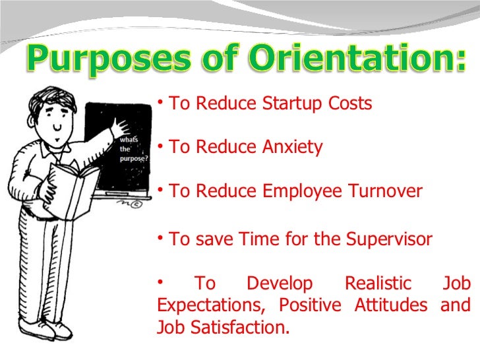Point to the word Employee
pos(302,192)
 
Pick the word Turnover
pos(385,192)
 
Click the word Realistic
pos(378,284)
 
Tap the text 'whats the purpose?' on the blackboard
pos(134,148)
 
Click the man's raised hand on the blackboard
pos(123,122)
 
